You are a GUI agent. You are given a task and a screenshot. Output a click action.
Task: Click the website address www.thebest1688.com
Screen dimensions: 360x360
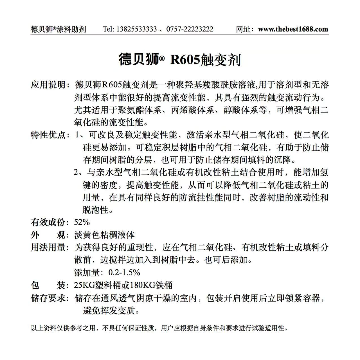pos(293,29)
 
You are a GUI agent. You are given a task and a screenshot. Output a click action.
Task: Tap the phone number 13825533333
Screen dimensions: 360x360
pos(136,29)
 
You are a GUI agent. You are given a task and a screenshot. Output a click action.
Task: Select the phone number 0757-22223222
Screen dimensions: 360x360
pos(190,29)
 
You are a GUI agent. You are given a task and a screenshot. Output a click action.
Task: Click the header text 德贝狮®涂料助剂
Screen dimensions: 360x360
pos(58,29)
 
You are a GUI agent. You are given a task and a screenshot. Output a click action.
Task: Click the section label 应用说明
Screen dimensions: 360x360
pos(48,85)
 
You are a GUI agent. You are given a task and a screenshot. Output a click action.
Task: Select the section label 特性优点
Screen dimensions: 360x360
pos(48,135)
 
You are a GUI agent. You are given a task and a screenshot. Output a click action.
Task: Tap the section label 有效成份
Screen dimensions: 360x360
pos(48,222)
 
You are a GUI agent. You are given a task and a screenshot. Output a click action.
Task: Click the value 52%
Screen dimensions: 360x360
pos(82,222)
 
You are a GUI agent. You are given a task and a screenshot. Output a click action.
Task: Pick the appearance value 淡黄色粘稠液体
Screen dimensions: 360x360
pos(104,235)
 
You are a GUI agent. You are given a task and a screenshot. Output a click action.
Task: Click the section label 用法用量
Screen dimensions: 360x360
pos(48,247)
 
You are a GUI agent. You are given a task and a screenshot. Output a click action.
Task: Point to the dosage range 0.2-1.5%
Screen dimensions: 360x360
pos(124,273)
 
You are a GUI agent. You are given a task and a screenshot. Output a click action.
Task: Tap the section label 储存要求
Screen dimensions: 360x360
pos(48,298)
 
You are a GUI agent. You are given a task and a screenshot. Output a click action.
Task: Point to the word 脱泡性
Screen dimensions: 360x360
pos(95,210)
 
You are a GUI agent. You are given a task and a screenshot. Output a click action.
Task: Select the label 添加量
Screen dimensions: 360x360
pos(87,273)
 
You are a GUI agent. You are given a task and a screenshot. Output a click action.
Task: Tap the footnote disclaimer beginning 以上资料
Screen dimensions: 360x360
pos(159,328)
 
